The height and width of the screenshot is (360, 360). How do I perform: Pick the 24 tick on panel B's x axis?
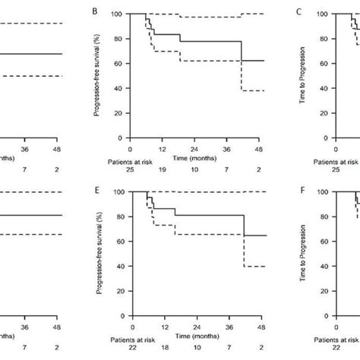(197, 151)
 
